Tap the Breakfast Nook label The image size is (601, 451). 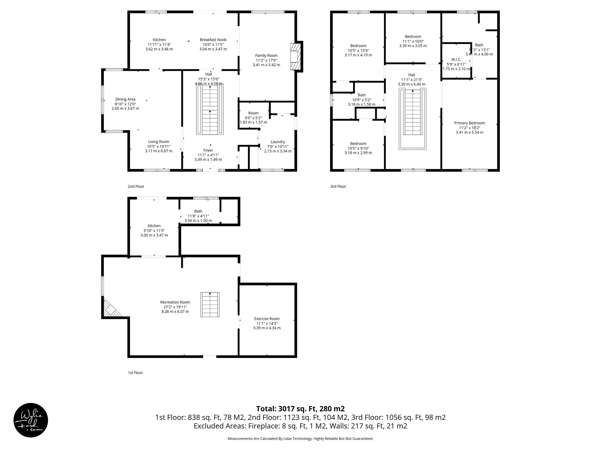(213, 40)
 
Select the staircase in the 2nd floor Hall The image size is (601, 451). (210, 109)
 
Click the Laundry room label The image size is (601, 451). (278, 142)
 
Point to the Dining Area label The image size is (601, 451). (125, 100)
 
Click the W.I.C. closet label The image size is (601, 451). (456, 60)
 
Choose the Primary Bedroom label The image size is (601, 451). (469, 123)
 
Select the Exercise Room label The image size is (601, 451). (267, 319)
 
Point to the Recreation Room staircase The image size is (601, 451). (210, 304)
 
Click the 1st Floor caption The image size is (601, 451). (135, 373)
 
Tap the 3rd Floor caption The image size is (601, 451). (338, 186)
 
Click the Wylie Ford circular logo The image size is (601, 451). (31, 420)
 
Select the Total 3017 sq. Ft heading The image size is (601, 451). (300, 409)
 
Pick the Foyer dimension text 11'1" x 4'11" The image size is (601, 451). (208, 155)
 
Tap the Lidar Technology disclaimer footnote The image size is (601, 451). (300, 439)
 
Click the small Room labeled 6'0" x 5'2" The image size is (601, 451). (253, 113)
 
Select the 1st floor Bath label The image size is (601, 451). (198, 211)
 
